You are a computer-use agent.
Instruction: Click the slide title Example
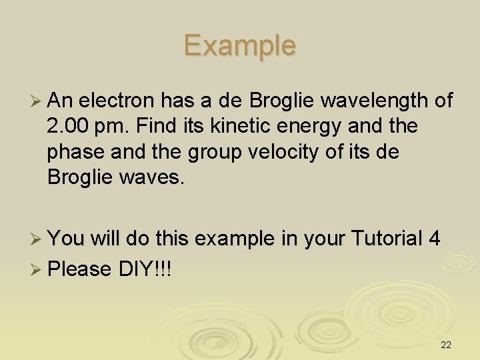tap(240, 45)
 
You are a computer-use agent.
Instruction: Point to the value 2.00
tap(69, 126)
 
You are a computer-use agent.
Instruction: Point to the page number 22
tap(446, 345)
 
